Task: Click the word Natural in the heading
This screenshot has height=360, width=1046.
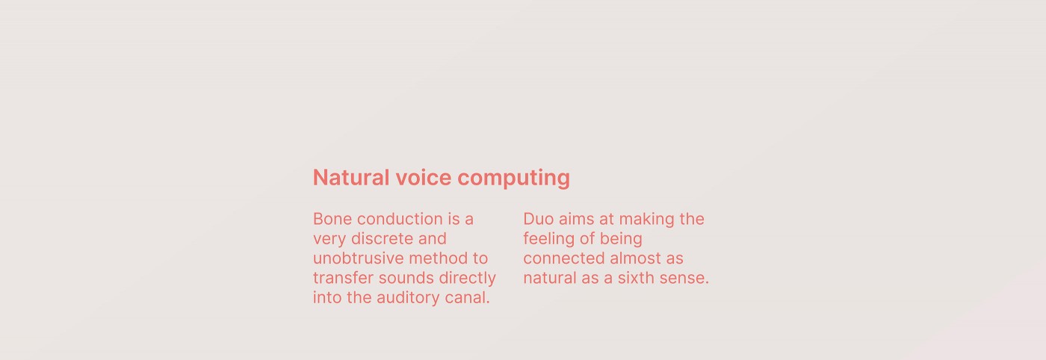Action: click(351, 178)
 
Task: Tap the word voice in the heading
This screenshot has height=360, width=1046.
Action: click(424, 178)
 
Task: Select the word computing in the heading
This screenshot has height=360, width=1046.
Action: click(514, 179)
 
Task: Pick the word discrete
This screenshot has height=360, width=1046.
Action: click(382, 238)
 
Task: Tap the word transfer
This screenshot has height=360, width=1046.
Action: click(343, 278)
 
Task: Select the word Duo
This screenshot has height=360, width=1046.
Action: click(538, 219)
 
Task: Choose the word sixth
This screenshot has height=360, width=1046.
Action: click(636, 278)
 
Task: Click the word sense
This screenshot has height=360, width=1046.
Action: click(684, 279)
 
